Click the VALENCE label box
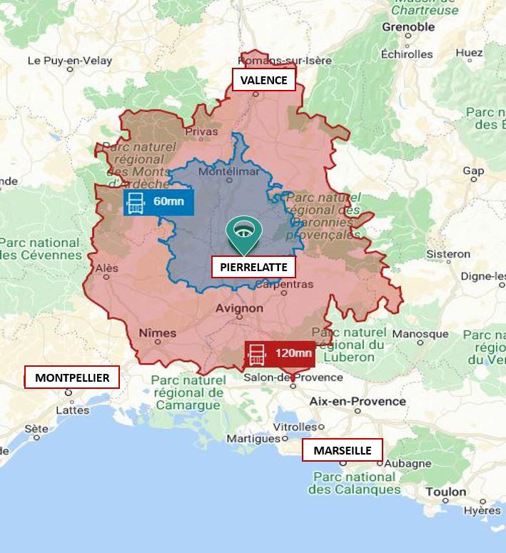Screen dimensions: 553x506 point(263,80)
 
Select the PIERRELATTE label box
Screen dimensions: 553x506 point(253,268)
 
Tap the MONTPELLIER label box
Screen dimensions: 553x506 point(72,377)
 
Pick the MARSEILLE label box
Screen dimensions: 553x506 point(342,450)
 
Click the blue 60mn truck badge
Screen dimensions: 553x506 point(158,202)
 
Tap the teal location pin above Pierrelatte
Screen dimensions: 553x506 point(244,234)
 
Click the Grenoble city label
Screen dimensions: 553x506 point(408,27)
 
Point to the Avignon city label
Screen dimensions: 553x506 point(239,309)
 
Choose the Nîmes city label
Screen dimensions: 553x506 point(157,333)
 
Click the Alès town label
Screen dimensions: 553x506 point(106,268)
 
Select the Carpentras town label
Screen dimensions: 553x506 point(283,284)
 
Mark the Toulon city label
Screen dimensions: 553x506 point(445,492)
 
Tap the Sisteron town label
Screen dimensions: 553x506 point(448,254)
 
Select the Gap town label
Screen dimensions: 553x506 point(473,171)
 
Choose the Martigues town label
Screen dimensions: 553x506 point(253,438)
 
